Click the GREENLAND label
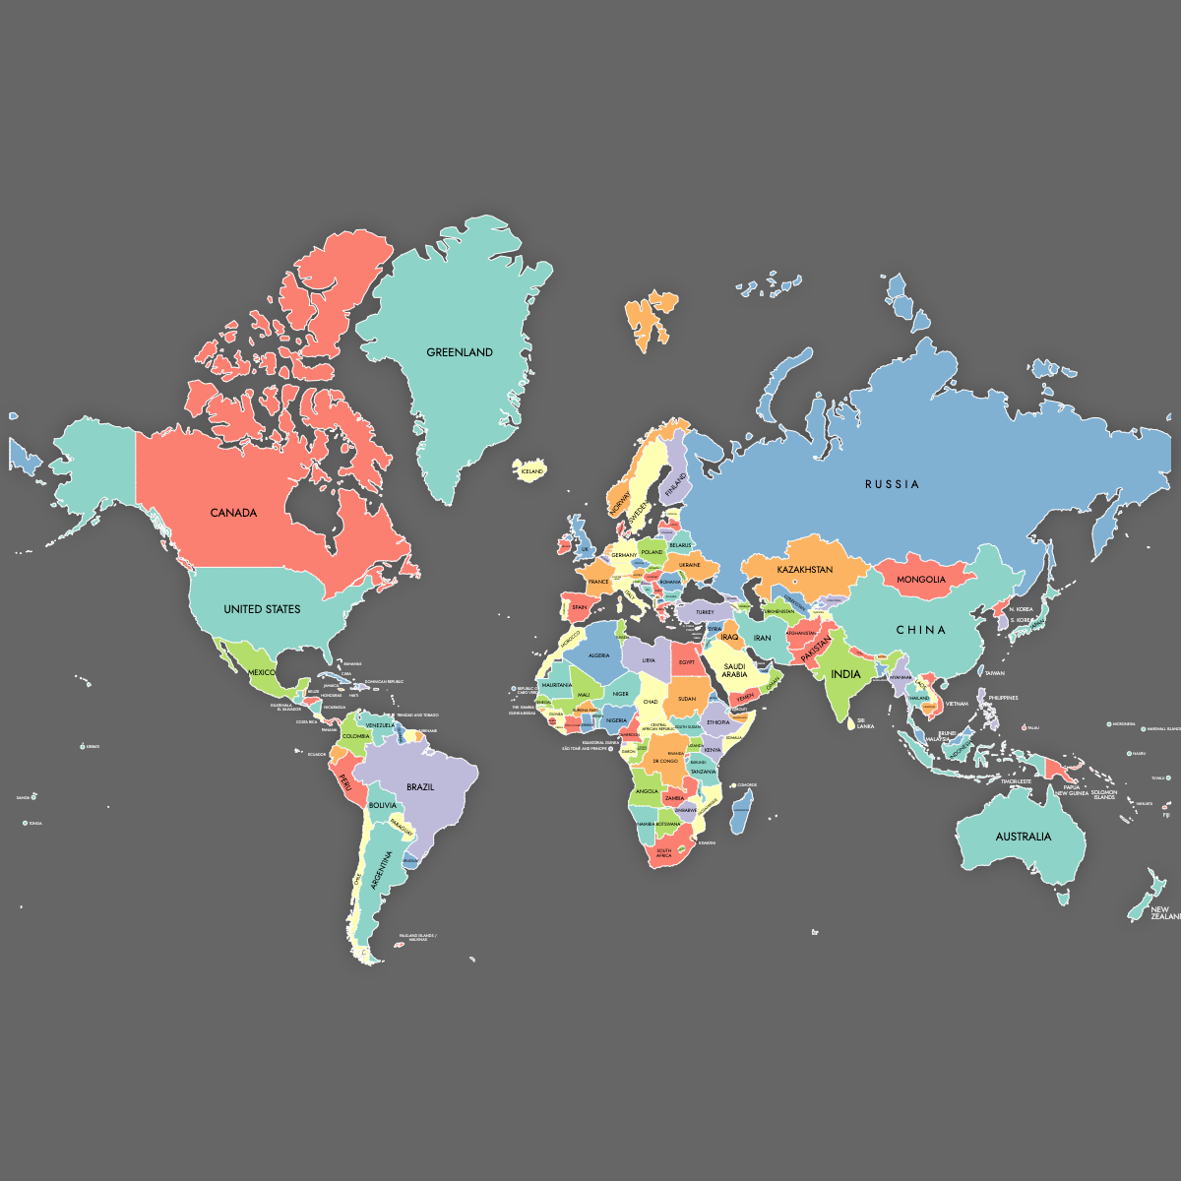460,352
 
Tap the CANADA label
233,513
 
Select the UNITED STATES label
262,609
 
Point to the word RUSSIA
893,484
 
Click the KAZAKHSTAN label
805,570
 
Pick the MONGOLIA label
921,580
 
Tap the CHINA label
921,630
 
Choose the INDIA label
845,674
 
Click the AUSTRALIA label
1023,837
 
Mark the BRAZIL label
420,787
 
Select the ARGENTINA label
381,871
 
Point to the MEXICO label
262,672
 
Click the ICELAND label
531,471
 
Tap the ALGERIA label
599,655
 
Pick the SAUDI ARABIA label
734,670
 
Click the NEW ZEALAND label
1164,913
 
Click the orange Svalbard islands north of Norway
650,317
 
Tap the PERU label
345,782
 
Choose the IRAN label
763,638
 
